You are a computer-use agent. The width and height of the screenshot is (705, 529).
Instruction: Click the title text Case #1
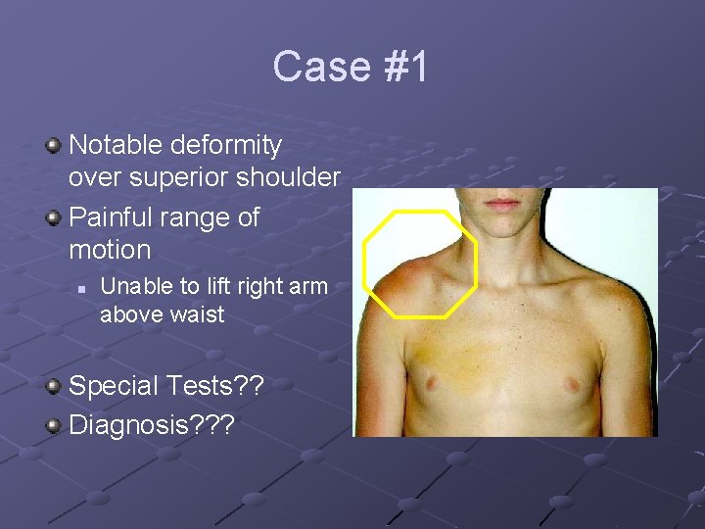[351, 67]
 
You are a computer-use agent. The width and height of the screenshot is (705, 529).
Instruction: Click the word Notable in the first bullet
[116, 146]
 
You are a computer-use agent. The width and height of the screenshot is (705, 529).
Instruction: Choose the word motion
[110, 250]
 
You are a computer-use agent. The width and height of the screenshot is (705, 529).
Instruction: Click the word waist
[201, 314]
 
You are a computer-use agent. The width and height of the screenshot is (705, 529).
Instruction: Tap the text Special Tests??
[167, 386]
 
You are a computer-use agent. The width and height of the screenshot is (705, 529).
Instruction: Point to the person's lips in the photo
[502, 205]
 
